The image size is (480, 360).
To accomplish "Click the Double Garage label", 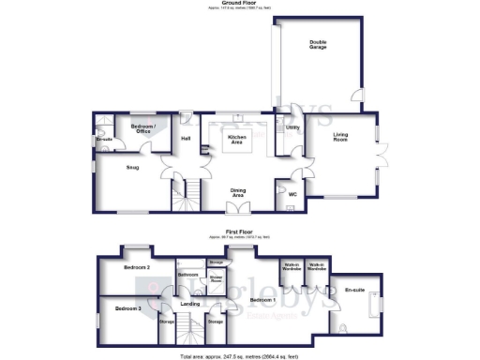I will click(x=319, y=43).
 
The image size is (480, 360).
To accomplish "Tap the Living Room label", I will click(x=347, y=139).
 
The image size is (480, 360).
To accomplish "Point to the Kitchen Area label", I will click(x=238, y=140).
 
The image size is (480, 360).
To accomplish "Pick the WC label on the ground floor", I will click(x=292, y=194).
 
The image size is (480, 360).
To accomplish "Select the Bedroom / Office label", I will click(x=142, y=128).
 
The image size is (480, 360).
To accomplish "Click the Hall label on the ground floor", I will click(x=186, y=140).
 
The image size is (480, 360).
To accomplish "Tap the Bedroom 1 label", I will click(x=260, y=300).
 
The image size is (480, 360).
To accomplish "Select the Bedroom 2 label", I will click(x=138, y=267).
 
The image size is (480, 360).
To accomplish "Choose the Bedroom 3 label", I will click(x=127, y=307).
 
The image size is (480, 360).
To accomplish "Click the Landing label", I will click(x=190, y=304).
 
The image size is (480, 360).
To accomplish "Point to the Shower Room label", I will click(x=216, y=278).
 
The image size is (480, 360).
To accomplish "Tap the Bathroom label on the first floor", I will click(x=187, y=275).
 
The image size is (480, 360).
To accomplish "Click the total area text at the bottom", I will click(x=240, y=355).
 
